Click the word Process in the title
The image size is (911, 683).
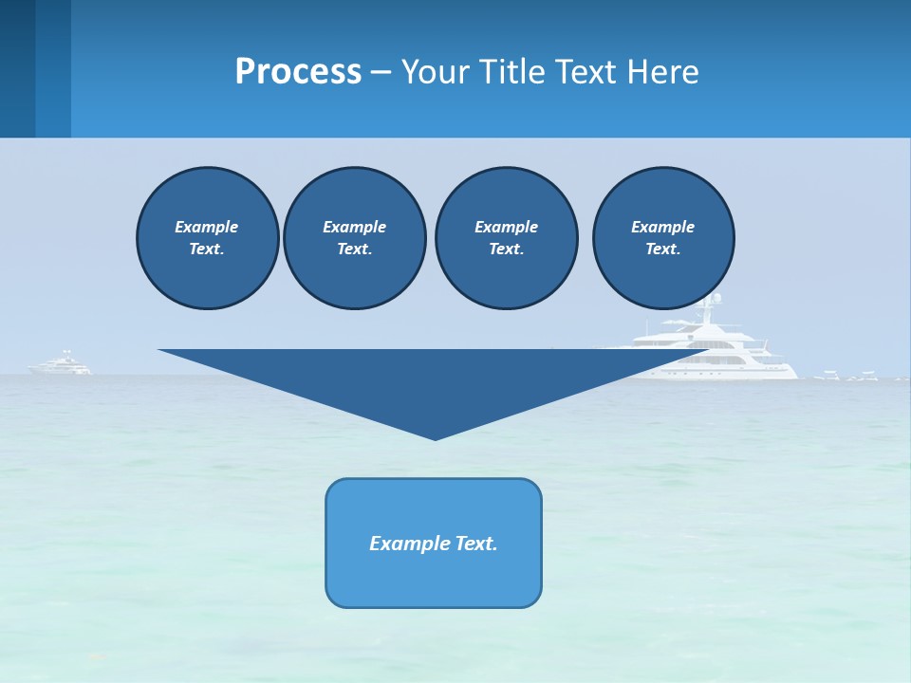(298, 72)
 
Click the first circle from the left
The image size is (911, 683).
(207, 237)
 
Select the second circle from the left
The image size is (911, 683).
(354, 237)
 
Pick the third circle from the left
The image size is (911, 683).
(506, 237)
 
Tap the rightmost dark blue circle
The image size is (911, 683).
(663, 237)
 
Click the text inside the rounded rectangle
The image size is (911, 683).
(434, 544)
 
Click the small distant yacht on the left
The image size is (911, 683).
(62, 365)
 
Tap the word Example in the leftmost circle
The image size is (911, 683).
(207, 227)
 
